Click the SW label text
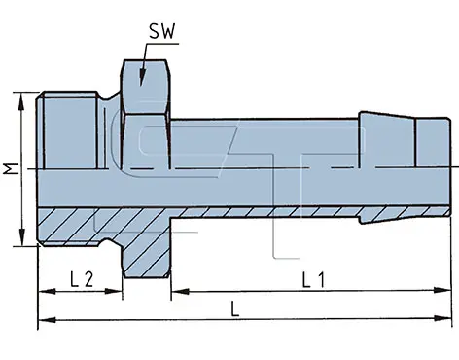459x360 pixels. (x=162, y=32)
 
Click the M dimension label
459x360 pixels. (x=11, y=169)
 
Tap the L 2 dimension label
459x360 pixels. (x=82, y=279)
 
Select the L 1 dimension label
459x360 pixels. (x=313, y=280)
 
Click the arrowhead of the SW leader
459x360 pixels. (x=142, y=77)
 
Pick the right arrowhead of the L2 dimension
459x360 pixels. (x=114, y=291)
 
